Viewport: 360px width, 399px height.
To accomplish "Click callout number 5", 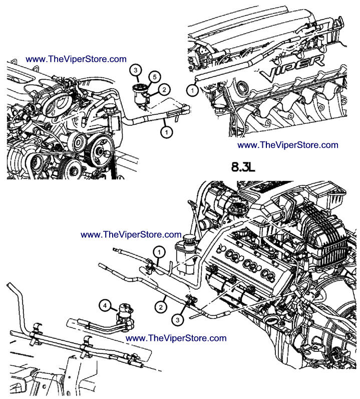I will pos(155,77).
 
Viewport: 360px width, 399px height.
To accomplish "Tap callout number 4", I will pos(105,304).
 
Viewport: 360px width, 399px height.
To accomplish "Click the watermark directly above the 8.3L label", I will pos(287,145).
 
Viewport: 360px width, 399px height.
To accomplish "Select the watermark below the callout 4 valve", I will pos(176,338).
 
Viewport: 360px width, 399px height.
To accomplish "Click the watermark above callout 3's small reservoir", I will pos(76,59).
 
